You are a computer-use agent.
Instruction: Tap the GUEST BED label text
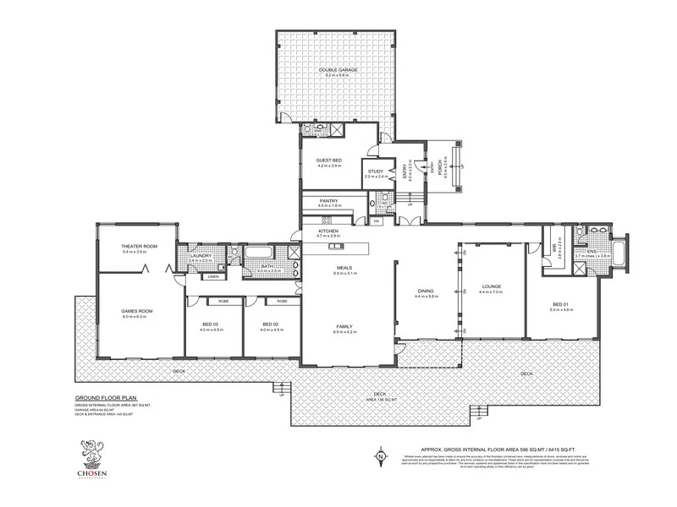pyautogui.click(x=328, y=160)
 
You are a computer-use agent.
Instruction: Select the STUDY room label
pyautogui.click(x=375, y=171)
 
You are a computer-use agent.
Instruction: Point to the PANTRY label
pyautogui.click(x=328, y=201)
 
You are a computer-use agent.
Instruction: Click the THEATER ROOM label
pyautogui.click(x=135, y=246)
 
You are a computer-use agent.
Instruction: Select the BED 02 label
pyautogui.click(x=270, y=324)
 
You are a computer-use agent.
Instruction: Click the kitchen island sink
pyautogui.click(x=333, y=247)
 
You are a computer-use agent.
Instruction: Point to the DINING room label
pyautogui.click(x=426, y=291)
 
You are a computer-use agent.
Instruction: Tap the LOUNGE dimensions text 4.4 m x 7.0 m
pyautogui.click(x=491, y=292)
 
